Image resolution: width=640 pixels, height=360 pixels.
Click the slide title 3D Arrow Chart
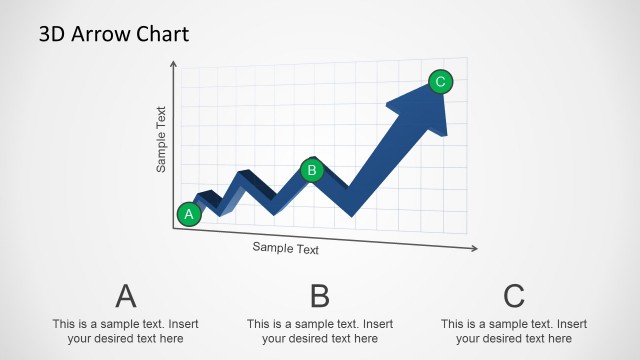coord(113,34)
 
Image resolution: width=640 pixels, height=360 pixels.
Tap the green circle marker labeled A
coord(189,213)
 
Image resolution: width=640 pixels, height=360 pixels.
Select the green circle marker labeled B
coord(312,170)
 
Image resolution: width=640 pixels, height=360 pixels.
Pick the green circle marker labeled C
coord(441,82)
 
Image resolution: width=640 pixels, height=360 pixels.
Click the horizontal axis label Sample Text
coord(286,248)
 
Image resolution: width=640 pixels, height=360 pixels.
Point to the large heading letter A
coord(125,296)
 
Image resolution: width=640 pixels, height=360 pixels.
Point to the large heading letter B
coord(319,296)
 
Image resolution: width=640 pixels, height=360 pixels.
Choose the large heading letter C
coord(514,296)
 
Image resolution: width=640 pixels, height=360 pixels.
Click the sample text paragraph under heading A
coord(125,331)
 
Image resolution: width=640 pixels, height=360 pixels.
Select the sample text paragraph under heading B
coord(320,331)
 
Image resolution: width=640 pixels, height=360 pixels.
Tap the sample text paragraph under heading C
coord(514,331)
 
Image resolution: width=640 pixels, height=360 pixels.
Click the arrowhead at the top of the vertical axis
coord(174,63)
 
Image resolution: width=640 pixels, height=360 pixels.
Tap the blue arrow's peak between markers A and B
coord(242,176)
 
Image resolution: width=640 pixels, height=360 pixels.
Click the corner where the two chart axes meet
coord(174,228)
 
